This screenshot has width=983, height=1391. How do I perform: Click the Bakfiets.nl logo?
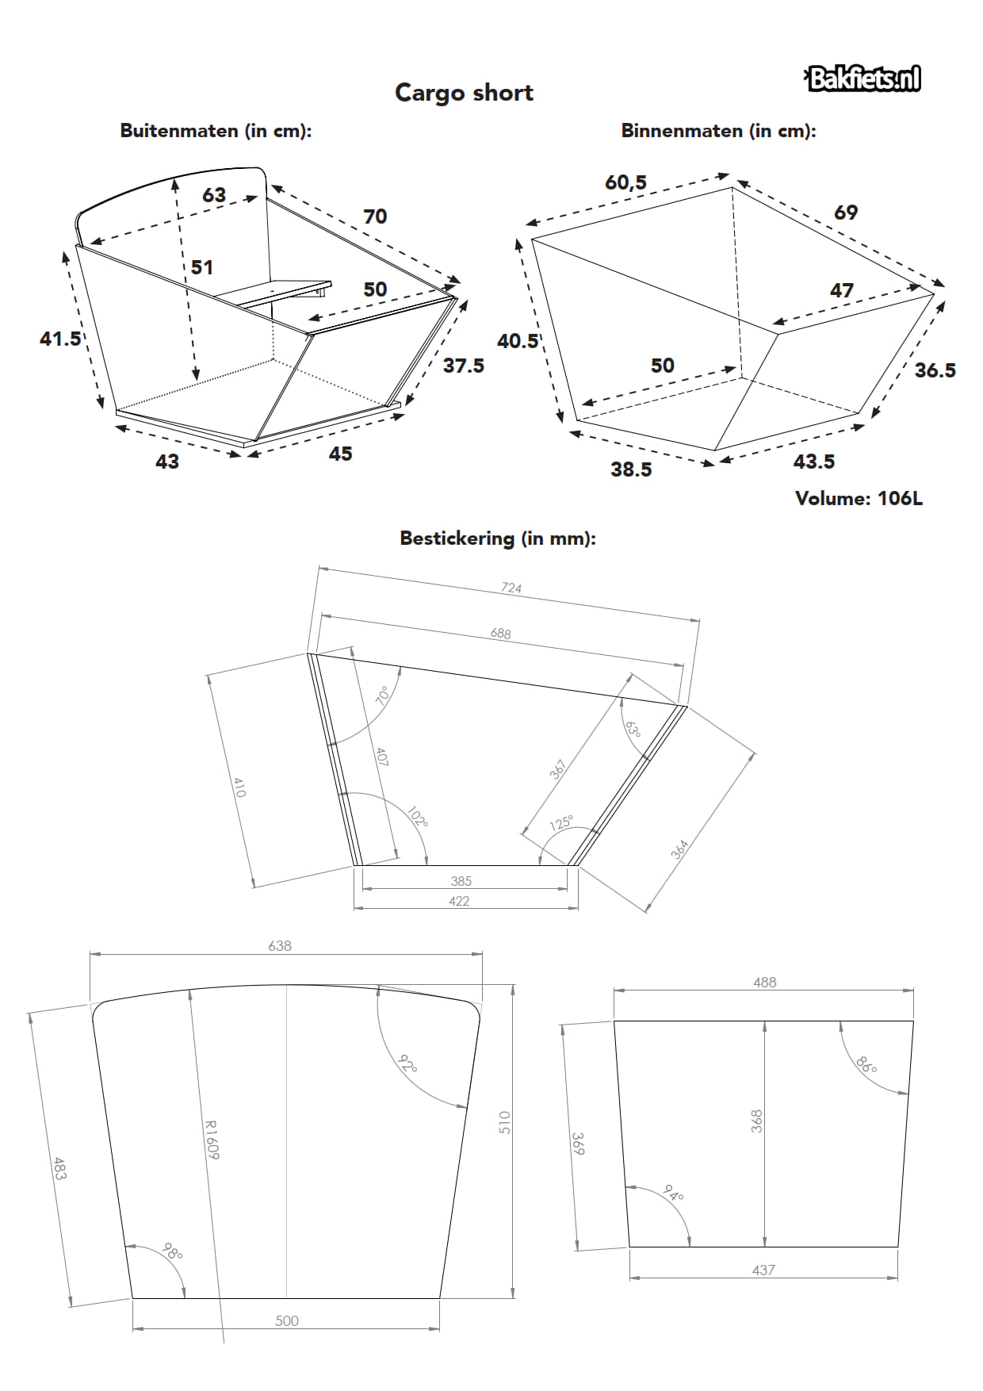pos(863,79)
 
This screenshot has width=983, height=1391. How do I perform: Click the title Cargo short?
pos(464,93)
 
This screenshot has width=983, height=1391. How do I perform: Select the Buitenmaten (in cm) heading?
pos(216,131)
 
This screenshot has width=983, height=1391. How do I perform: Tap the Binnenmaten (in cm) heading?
pos(718,131)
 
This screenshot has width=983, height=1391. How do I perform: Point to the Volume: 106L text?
pos(859,498)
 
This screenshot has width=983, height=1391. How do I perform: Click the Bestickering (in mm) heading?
pos(497,538)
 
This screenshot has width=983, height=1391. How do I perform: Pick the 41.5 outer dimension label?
pos(60,339)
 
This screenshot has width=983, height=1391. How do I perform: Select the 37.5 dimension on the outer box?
pos(463,366)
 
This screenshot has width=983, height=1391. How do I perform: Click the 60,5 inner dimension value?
pos(625,182)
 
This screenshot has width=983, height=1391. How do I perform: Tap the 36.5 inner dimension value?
pos(935,370)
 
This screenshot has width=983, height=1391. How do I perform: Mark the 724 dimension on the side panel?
pos(511,588)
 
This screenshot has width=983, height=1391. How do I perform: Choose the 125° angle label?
pos(561,822)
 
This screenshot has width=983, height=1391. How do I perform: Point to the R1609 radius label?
pos(211,1140)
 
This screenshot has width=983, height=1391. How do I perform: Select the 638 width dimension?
pos(280,945)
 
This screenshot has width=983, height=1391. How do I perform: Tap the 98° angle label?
pos(172,1251)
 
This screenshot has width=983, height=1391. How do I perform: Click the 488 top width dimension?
pos(764,982)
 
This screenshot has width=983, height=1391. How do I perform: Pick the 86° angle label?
pos(866,1064)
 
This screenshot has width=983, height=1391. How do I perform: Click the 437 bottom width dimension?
pos(763,1270)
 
